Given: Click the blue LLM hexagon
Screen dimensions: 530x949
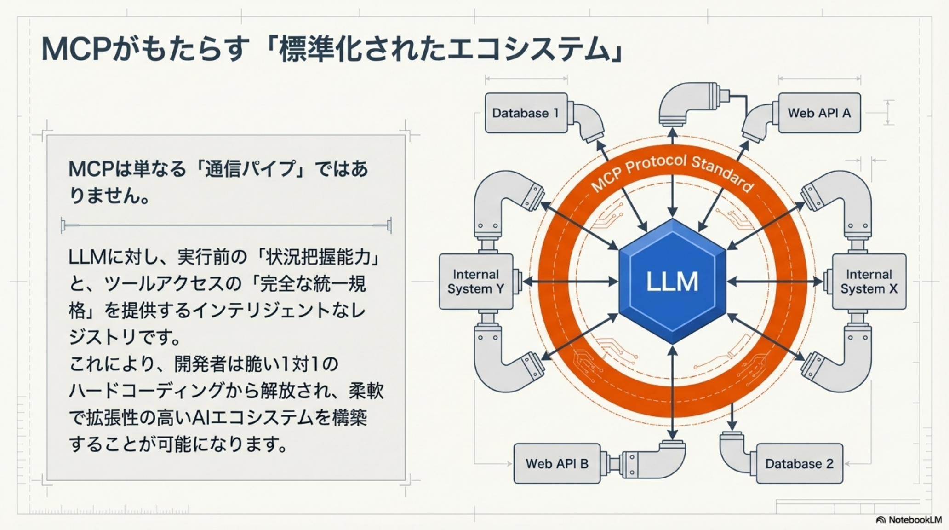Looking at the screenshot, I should tap(672, 281).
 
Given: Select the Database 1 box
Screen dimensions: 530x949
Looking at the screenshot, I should tap(526, 113).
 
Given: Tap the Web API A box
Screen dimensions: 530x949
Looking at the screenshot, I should tap(819, 113).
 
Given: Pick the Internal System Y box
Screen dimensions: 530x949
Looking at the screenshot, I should tap(476, 282).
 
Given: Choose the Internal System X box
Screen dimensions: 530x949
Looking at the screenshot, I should tap(869, 282).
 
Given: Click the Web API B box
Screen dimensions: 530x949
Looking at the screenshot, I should tap(557, 463).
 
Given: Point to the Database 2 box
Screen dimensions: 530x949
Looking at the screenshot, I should tap(799, 463).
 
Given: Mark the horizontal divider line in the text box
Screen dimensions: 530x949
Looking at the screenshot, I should tap(225, 225).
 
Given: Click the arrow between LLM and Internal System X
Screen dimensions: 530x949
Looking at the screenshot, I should tap(775, 282).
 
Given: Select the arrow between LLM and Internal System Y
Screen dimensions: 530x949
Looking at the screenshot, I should tap(570, 282).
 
